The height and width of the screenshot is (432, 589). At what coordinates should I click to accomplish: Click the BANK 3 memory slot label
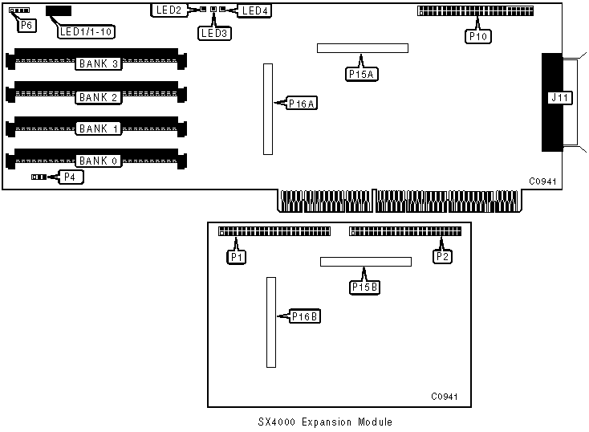coord(98,63)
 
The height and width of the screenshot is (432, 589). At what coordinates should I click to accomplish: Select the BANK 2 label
coord(98,97)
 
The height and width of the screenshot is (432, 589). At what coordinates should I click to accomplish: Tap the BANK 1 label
coord(98,128)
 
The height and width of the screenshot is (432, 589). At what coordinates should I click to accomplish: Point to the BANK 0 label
coord(98,161)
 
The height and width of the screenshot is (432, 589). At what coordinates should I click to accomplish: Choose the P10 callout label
coord(478,36)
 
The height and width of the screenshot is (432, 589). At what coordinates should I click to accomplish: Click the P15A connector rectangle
coord(362,48)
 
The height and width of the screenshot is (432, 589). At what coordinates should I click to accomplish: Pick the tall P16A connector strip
coord(268,109)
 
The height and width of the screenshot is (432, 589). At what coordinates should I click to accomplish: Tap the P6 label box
coord(26,26)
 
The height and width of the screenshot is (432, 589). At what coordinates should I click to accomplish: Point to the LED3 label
coord(214,34)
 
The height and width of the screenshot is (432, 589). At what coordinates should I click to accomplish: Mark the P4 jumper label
coord(71,177)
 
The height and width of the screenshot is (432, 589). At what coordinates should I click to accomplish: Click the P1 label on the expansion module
coord(236,257)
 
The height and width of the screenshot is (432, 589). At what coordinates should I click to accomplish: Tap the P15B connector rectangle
coord(365,262)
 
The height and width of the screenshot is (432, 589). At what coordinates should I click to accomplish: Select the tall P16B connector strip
coord(271,321)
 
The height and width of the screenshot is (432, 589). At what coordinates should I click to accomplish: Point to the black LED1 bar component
coord(59,11)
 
